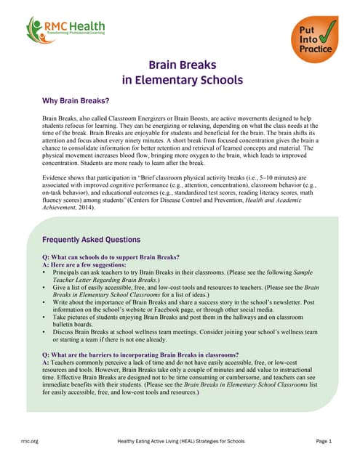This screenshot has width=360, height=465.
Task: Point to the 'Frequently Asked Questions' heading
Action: (x=91, y=240)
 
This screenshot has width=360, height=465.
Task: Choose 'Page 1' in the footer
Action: (x=324, y=442)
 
